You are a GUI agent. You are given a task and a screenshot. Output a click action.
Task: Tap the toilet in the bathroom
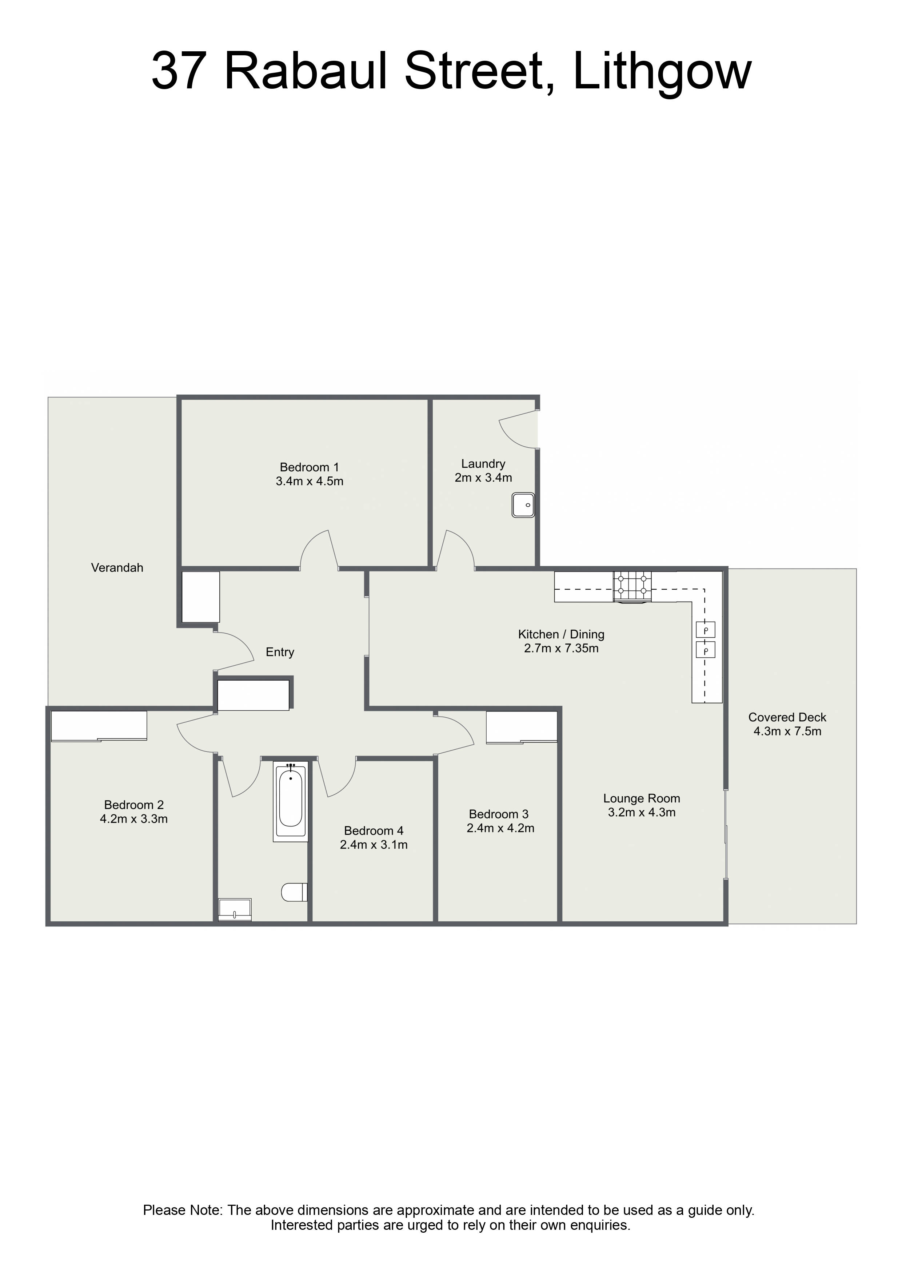click(295, 892)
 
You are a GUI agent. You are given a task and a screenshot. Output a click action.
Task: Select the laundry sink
click(523, 505)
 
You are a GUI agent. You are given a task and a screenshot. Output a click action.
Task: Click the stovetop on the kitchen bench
click(632, 586)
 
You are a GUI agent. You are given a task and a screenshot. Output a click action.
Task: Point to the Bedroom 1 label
click(309, 467)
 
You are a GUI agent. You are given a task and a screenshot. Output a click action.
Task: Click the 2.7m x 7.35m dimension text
click(561, 648)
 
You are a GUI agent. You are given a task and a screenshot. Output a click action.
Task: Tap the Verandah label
click(117, 567)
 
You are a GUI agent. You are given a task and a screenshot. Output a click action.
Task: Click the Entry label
click(280, 652)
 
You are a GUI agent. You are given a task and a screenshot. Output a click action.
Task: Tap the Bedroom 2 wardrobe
click(99, 725)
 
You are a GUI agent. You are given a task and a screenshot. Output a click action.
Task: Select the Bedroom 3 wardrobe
click(521, 726)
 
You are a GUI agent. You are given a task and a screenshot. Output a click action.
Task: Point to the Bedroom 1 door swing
click(319, 550)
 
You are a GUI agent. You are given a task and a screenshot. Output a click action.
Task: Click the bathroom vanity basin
click(235, 910)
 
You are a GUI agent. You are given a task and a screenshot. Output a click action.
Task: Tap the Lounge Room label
click(641, 798)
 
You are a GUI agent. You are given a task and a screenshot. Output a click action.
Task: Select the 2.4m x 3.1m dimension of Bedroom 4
click(374, 845)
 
